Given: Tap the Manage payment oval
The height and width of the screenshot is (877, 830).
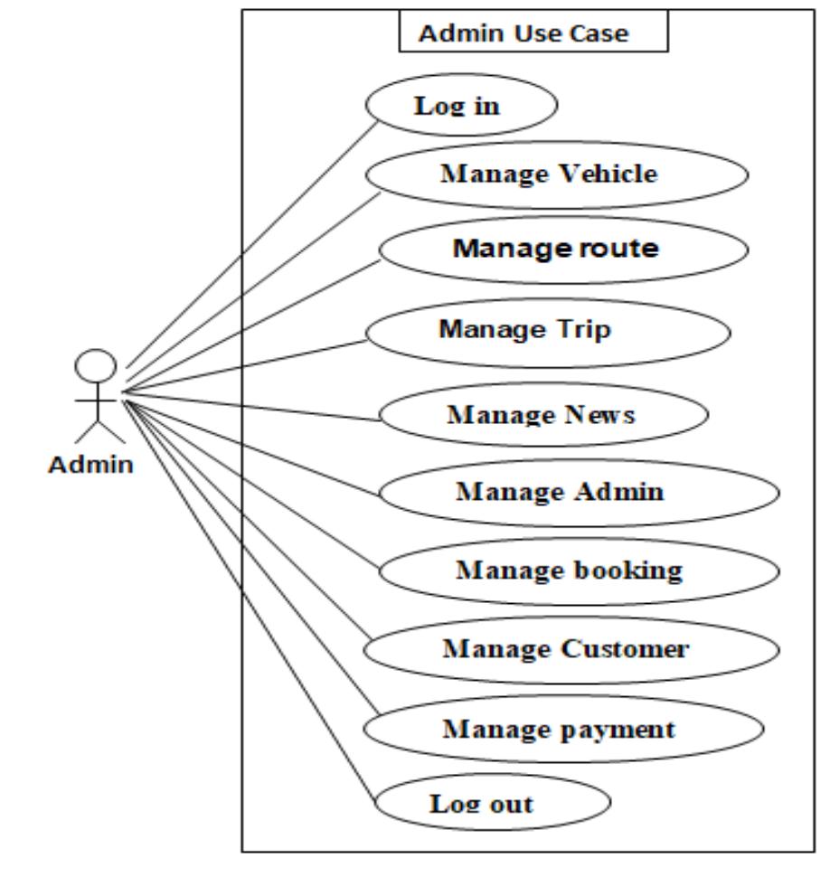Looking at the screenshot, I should (x=564, y=729).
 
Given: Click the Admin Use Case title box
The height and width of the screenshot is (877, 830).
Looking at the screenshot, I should (x=533, y=34).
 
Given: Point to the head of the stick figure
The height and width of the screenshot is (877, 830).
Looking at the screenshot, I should (x=95, y=366).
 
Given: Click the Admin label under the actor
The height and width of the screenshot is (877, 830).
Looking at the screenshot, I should (x=91, y=465).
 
